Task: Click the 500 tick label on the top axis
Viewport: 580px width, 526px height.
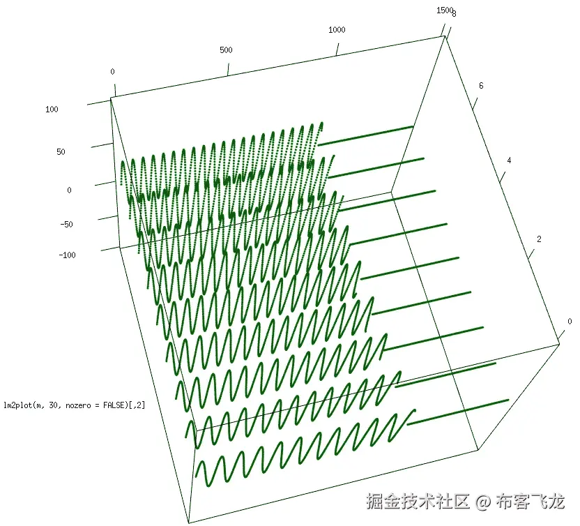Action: [x=225, y=50]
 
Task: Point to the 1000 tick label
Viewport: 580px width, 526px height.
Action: [x=337, y=30]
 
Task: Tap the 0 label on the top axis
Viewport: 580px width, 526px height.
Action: [x=112, y=72]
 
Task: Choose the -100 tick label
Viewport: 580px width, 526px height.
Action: [x=68, y=255]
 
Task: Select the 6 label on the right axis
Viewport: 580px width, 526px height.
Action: [x=481, y=86]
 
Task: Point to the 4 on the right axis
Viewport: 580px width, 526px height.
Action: [x=509, y=160]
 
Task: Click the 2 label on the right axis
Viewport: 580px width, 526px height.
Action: [x=538, y=239]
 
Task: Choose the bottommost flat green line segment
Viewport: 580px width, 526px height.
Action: [x=461, y=410]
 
